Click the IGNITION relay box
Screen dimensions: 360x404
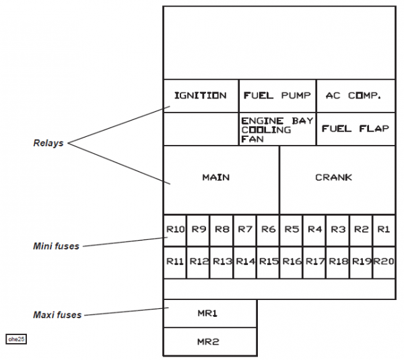coord(201,96)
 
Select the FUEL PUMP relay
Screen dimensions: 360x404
coord(277,96)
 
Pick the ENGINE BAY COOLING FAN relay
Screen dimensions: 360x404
coord(277,129)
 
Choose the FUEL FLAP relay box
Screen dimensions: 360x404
coord(355,129)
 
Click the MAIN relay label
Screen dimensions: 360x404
coord(216,178)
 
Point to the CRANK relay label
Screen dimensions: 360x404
coord(334,178)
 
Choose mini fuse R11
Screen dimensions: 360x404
coord(175,262)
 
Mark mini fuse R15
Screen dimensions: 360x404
coord(268,262)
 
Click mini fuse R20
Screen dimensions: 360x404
coord(384,262)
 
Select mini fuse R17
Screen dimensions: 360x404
coord(314,262)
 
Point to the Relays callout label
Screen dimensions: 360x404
coord(48,144)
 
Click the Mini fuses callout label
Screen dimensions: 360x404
coord(57,247)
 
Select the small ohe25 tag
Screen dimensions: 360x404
coord(16,339)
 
